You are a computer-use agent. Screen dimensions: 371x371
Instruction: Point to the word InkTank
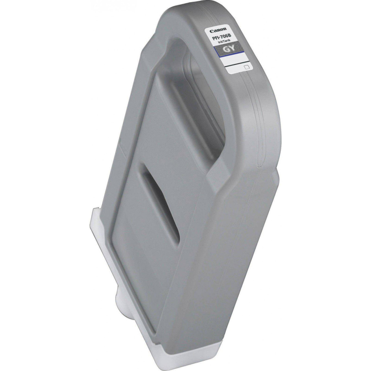coord(224,41)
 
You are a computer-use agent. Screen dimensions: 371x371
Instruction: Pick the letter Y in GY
coord(232,48)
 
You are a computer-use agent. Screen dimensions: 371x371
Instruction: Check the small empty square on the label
coord(246,67)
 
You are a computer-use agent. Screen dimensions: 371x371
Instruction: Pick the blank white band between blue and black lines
coord(236,59)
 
